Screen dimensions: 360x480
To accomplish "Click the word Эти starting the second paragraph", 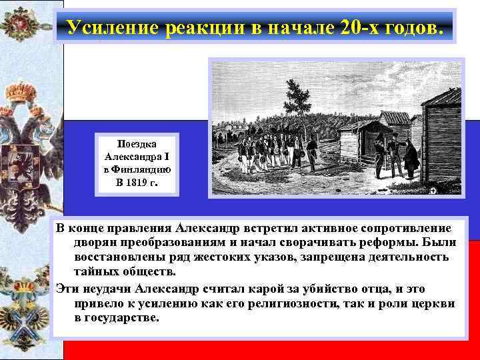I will point(67,288).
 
